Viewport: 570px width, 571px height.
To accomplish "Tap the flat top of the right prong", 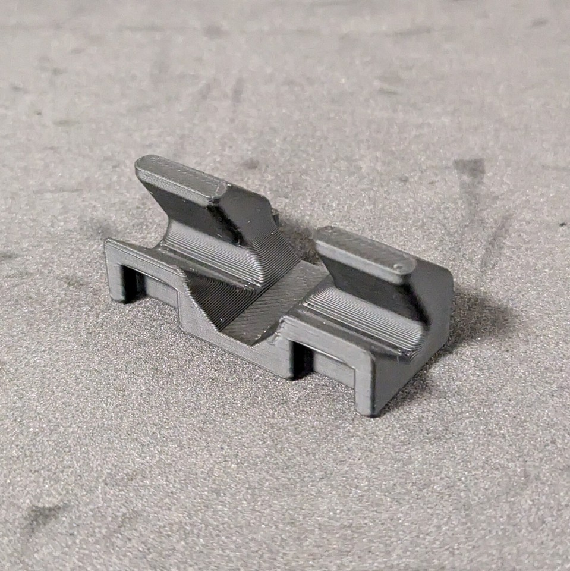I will (x=363, y=247).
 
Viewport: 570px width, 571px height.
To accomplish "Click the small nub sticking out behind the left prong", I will (x=275, y=216).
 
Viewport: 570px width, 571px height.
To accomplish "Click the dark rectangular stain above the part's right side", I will (x=470, y=170).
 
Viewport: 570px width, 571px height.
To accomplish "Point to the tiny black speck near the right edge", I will (x=562, y=224).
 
